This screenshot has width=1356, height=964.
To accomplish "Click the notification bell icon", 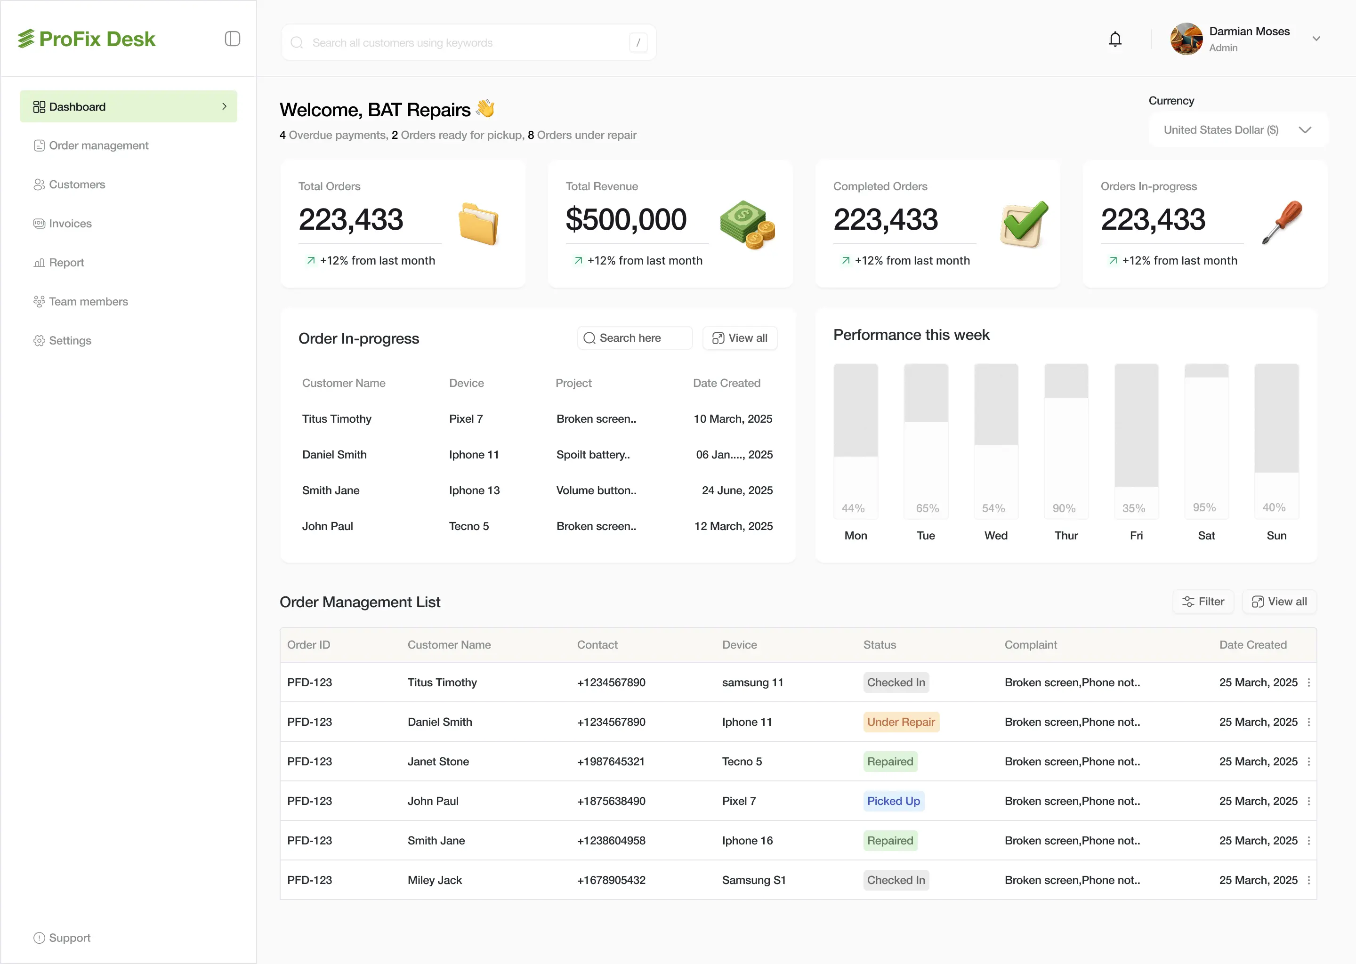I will pyautogui.click(x=1115, y=39).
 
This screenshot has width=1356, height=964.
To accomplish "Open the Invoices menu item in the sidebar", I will pyautogui.click(x=70, y=224).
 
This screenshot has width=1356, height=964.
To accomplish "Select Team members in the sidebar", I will pyautogui.click(x=88, y=302).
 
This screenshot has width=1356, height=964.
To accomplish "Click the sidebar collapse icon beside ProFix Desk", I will pyautogui.click(x=232, y=39).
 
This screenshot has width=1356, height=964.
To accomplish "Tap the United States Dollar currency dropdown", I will pyautogui.click(x=1237, y=130).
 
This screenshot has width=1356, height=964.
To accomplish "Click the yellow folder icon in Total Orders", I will pyautogui.click(x=478, y=224).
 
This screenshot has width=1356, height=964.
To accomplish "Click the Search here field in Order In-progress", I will pyautogui.click(x=634, y=338).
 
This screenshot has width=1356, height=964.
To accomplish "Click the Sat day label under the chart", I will pyautogui.click(x=1206, y=535).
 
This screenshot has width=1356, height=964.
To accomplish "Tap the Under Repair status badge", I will pyautogui.click(x=901, y=722).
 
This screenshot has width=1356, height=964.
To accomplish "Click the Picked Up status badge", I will pyautogui.click(x=893, y=801).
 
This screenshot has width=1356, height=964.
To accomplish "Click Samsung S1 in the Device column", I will pyautogui.click(x=753, y=880).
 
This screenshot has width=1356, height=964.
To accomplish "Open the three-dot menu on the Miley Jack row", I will pyautogui.click(x=1308, y=880).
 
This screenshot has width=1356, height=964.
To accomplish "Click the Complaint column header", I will pyautogui.click(x=1030, y=645).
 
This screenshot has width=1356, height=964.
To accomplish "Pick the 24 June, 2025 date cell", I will pyautogui.click(x=737, y=490).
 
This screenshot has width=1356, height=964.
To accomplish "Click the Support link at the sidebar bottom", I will pyautogui.click(x=70, y=938).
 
